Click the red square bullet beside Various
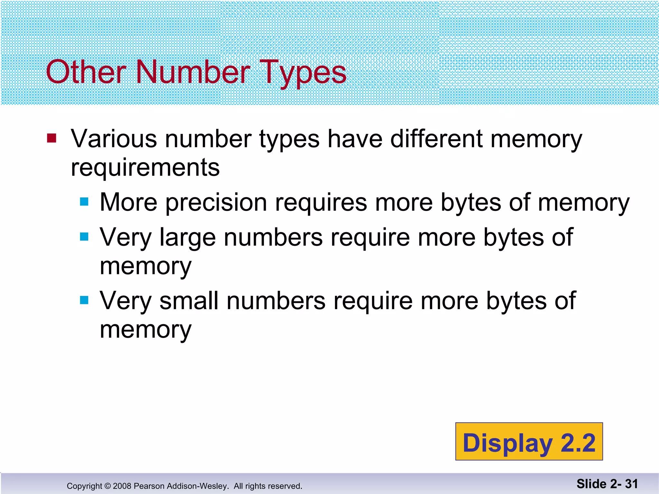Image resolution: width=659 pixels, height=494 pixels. (52, 138)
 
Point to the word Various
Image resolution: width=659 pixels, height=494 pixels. (114, 139)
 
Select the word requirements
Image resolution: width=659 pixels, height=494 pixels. (145, 168)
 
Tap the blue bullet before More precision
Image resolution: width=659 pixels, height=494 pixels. (84, 202)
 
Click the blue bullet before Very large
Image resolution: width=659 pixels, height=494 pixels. (84, 237)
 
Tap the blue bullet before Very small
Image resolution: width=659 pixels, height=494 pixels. (84, 300)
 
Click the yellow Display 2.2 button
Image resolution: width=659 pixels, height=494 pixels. (529, 441)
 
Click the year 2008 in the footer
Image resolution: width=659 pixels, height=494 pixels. (122, 486)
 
